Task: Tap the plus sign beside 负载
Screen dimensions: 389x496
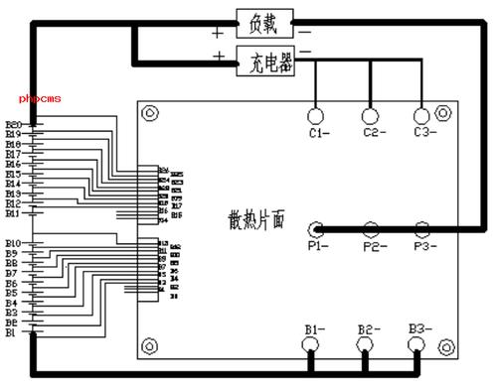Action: point(217,31)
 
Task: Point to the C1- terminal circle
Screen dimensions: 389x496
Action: point(318,114)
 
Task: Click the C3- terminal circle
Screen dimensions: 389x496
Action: point(420,114)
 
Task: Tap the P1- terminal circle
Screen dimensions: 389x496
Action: point(315,228)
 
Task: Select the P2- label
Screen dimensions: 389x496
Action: point(373,245)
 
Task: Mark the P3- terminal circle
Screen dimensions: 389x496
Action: point(420,228)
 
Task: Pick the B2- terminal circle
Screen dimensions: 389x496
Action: point(365,345)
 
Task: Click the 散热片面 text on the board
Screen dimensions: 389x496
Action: point(255,218)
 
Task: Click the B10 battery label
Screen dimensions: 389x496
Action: point(13,243)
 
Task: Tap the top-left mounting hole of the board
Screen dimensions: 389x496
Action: point(150,113)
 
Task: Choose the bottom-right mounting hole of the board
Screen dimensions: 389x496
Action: point(447,345)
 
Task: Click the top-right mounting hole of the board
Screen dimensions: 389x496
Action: point(447,113)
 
